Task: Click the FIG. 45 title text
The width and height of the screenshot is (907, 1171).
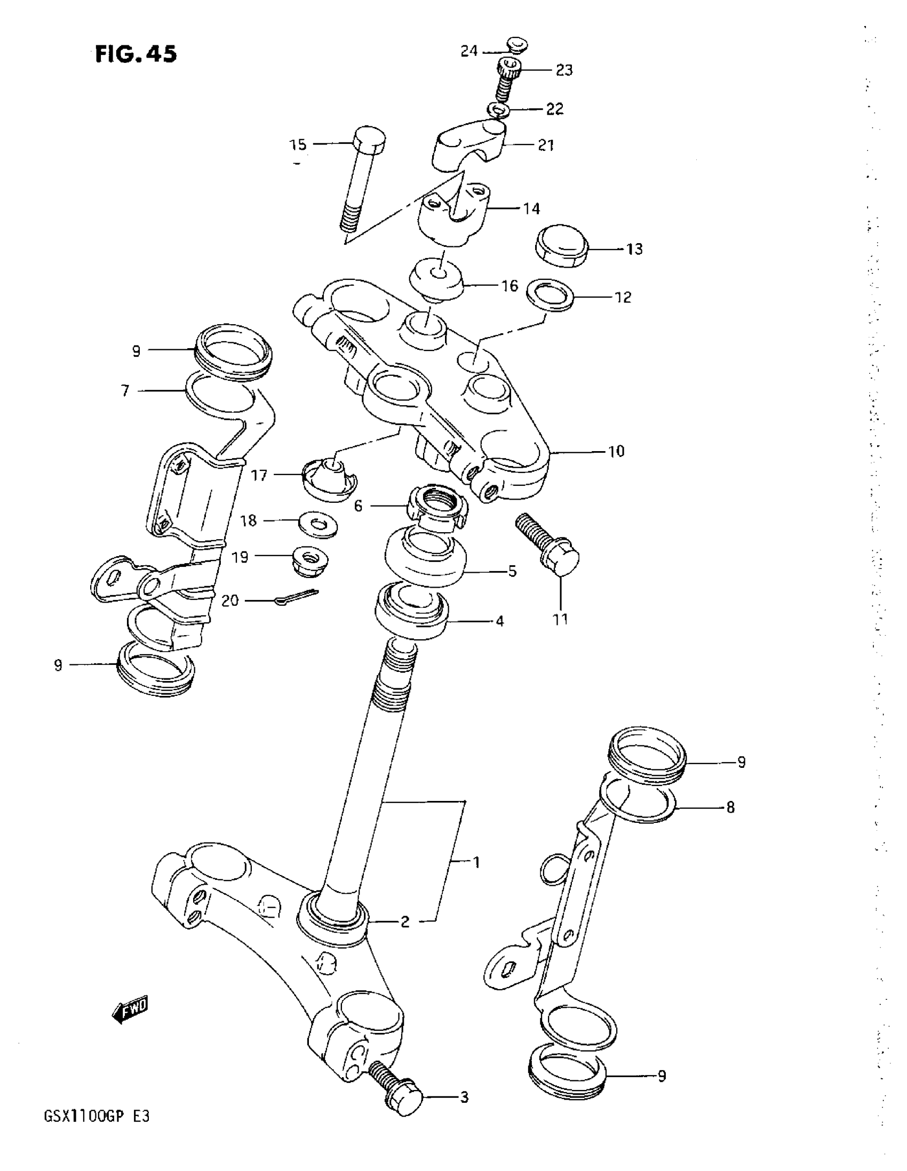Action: [136, 54]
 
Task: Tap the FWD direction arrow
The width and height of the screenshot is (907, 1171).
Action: [130, 1009]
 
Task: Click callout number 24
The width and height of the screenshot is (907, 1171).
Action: [469, 51]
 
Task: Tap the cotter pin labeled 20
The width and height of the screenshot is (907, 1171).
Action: [297, 597]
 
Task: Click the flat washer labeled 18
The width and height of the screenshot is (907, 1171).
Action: [318, 522]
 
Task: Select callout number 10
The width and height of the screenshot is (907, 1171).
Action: [616, 452]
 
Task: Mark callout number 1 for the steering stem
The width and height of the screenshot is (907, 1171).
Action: [476, 863]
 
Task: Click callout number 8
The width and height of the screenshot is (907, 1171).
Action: [730, 807]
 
